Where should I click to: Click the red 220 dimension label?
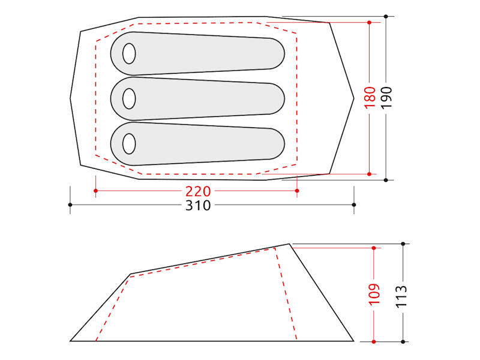point(198,191)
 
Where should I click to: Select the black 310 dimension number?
point(198,205)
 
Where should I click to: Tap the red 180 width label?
point(370,97)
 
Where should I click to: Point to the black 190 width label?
point(386,97)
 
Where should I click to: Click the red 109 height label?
point(374,294)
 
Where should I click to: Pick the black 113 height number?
point(401,296)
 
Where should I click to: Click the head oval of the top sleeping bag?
point(129,53)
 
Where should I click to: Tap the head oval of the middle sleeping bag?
point(129,98)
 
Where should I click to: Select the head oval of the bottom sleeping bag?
point(129,143)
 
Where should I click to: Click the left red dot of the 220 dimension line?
point(96,191)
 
